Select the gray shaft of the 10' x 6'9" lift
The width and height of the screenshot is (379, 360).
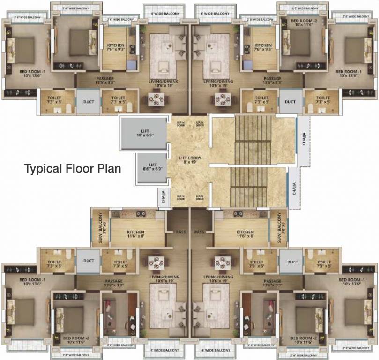tap(143, 134)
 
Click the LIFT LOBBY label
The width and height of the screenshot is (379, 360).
tap(190, 158)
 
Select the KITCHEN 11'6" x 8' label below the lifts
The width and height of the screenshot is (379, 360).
tap(135, 234)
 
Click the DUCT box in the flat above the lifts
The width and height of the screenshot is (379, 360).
tap(88, 102)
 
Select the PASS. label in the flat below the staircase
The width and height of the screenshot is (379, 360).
tap(199, 232)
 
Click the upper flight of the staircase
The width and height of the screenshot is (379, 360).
tap(253, 140)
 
